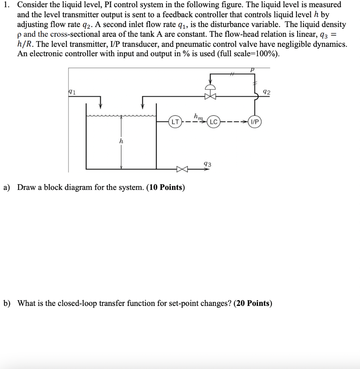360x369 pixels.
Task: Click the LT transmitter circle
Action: (x=174, y=121)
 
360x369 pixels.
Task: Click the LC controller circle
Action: (x=213, y=121)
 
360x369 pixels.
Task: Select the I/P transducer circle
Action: (x=254, y=121)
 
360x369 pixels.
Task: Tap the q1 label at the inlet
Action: (x=72, y=92)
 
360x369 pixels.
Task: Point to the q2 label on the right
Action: (x=267, y=92)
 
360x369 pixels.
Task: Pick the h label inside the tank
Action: (x=121, y=142)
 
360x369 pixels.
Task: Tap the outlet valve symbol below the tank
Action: (x=181, y=169)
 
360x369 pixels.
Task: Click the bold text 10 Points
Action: (x=166, y=188)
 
